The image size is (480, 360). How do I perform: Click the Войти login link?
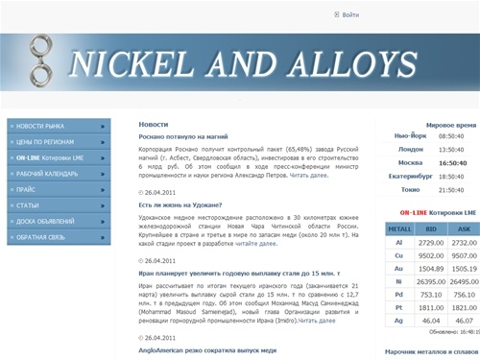click(x=350, y=15)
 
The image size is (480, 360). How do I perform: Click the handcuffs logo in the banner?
click(x=41, y=60)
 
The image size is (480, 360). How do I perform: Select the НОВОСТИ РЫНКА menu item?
click(x=60, y=126)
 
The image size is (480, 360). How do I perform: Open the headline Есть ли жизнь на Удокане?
click(x=180, y=204)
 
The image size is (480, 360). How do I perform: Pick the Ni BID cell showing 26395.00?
click(x=430, y=283)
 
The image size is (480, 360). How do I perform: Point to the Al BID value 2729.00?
click(x=430, y=243)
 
